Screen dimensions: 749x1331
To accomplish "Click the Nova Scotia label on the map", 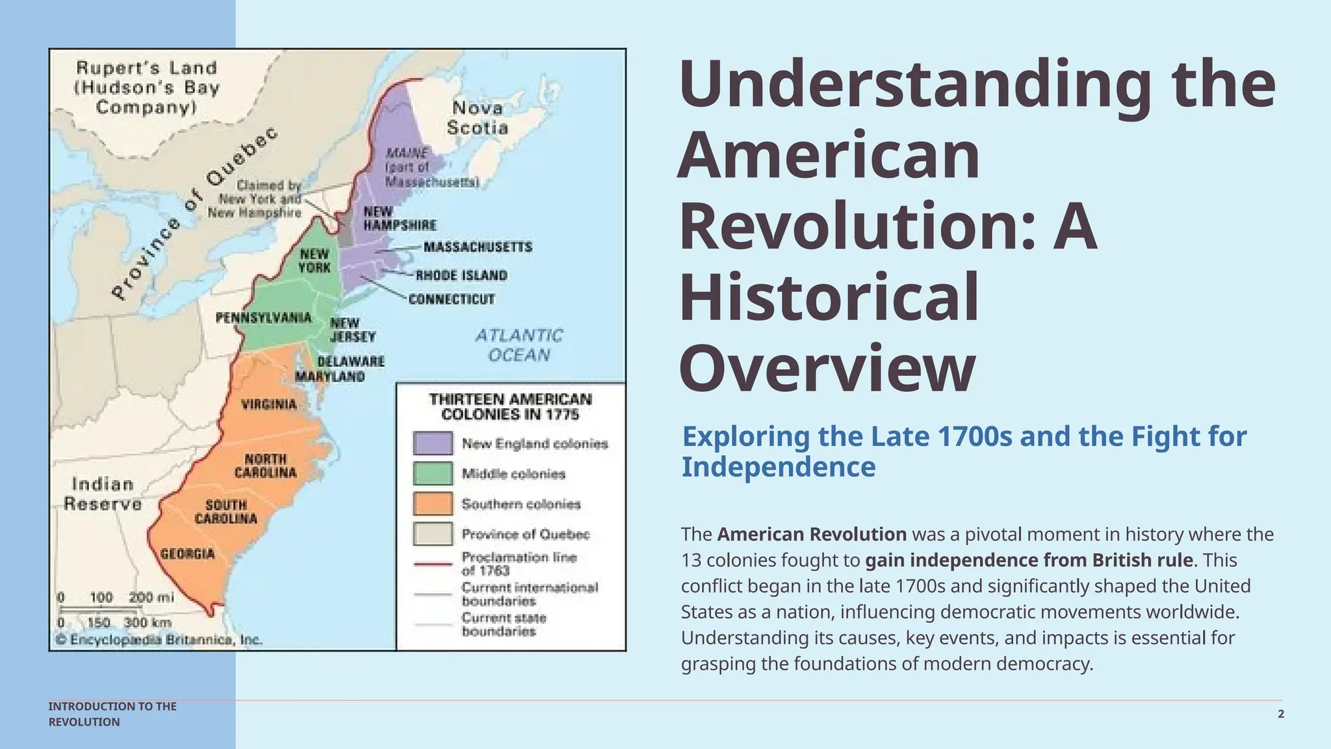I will (x=477, y=118).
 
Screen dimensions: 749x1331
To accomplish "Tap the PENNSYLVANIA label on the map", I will (x=263, y=318).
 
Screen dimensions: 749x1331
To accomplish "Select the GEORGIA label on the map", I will (x=187, y=554).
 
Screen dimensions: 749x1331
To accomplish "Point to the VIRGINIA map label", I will (x=269, y=404).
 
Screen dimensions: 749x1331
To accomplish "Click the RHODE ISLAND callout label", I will (x=461, y=276).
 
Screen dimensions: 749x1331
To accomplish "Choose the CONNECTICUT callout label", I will (x=452, y=299).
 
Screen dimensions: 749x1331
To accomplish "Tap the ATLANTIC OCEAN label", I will (x=519, y=345).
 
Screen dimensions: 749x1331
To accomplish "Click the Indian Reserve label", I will (x=103, y=494).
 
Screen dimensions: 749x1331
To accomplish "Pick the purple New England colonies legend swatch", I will (x=433, y=443).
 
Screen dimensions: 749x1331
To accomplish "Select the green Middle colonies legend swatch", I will (x=433, y=473).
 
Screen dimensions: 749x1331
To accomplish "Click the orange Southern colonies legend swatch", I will (x=433, y=504).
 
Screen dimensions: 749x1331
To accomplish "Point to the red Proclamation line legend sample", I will (x=433, y=564).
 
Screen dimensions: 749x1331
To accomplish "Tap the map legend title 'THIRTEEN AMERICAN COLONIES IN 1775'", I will (x=510, y=406).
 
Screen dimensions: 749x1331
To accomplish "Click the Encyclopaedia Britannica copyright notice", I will (x=159, y=640).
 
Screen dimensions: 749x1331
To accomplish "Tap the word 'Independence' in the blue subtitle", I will (x=779, y=467).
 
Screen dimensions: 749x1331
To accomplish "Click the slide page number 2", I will (x=1281, y=714).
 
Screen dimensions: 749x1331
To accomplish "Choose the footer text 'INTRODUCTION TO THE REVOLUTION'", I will (x=112, y=714).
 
